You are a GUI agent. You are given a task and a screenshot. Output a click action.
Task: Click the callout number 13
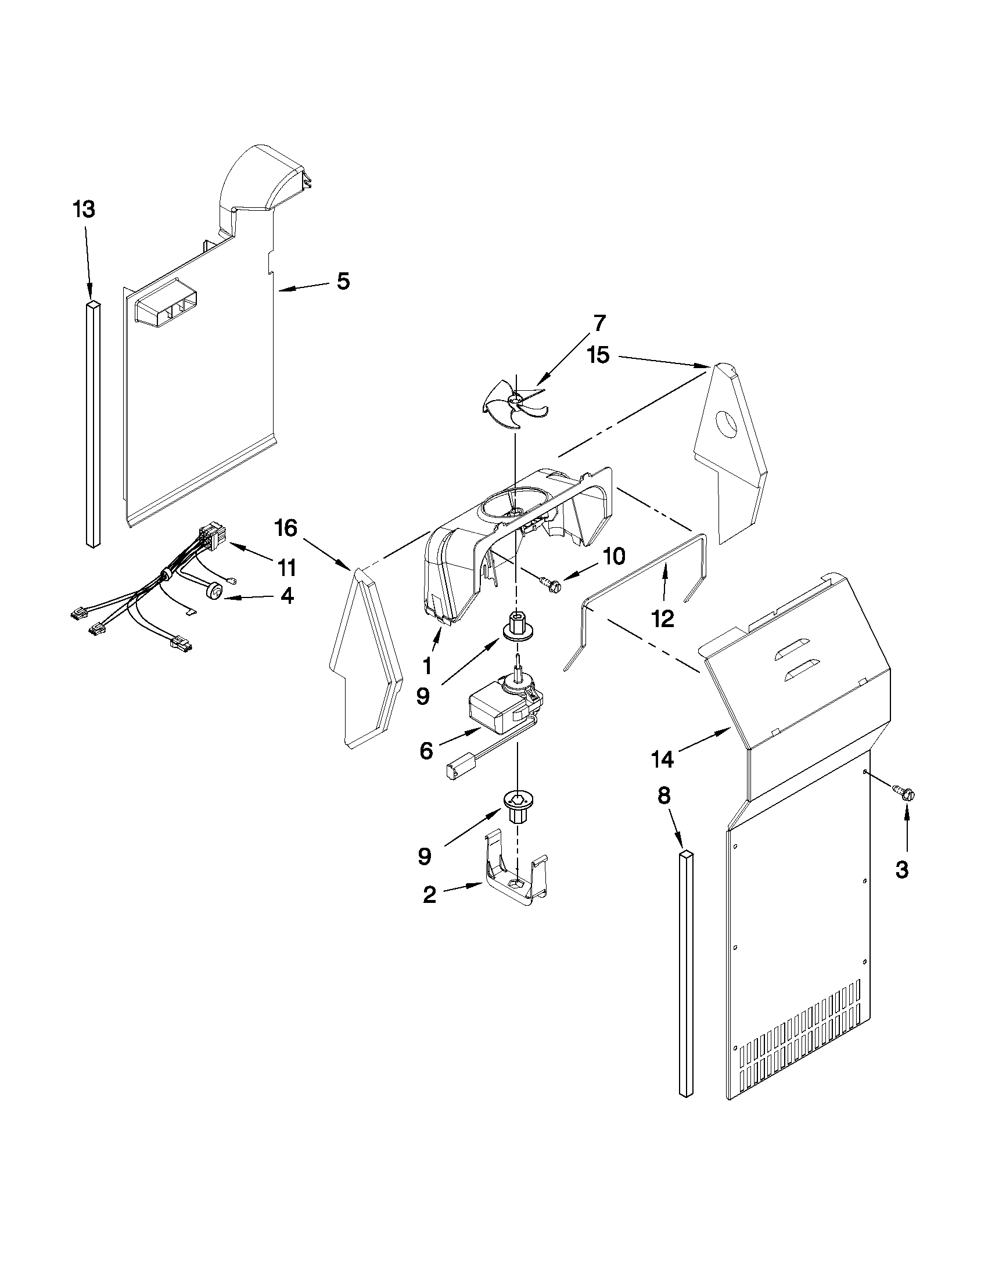tap(84, 209)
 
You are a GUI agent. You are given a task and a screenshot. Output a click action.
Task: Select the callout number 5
tap(343, 282)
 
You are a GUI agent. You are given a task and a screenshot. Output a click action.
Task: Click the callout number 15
tap(599, 355)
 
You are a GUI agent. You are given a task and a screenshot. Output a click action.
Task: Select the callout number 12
tap(663, 618)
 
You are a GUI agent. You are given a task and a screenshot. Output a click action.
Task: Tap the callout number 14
tap(662, 759)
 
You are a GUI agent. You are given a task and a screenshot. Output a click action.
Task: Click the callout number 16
tap(286, 528)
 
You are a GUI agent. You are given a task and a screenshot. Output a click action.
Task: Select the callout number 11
tap(286, 567)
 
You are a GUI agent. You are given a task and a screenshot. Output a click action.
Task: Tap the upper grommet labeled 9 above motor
tap(516, 626)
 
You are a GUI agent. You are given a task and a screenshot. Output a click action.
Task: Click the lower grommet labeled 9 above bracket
tap(515, 805)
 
